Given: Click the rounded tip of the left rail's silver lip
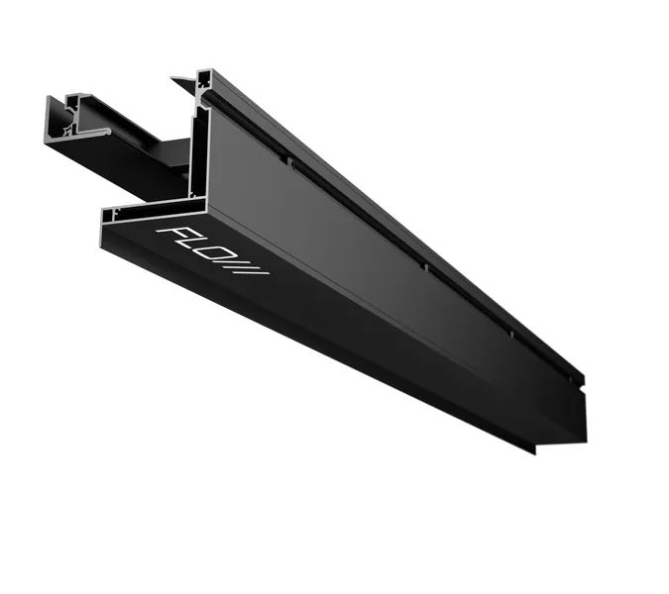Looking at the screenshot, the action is (x=109, y=132).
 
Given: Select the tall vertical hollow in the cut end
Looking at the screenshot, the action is (x=198, y=150).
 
